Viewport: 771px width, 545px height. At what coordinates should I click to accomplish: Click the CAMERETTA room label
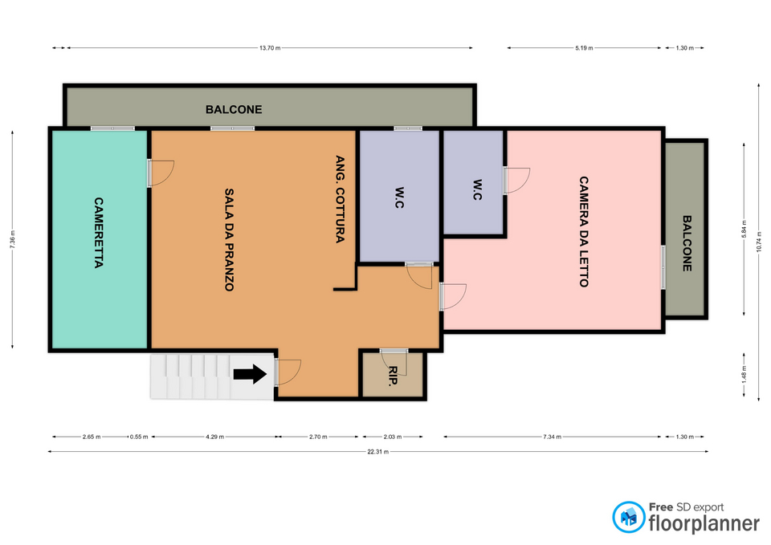(x=99, y=233)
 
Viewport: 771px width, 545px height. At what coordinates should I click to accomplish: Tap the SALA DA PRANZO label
(x=229, y=240)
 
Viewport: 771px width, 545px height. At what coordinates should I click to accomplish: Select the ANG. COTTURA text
(x=340, y=199)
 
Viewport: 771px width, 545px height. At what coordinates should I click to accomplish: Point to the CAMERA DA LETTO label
(x=584, y=231)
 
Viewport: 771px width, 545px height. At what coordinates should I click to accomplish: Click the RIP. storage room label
(x=393, y=376)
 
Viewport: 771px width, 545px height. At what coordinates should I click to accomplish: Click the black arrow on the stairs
(x=250, y=374)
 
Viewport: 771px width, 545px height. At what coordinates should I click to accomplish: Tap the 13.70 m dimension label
(x=270, y=48)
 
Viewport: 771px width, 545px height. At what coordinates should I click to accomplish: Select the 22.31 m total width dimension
(x=377, y=452)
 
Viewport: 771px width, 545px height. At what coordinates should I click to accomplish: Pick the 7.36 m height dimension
(x=13, y=239)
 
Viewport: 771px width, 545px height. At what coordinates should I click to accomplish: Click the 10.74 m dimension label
(x=759, y=242)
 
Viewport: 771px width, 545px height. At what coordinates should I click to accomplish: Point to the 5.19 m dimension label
(x=584, y=48)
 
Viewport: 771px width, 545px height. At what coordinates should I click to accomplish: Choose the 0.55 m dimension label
(x=139, y=437)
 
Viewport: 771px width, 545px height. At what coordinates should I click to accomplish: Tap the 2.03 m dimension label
(x=393, y=437)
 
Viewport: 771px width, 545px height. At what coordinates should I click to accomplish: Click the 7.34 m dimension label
(x=553, y=437)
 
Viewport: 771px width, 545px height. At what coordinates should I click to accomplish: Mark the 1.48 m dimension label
(x=744, y=374)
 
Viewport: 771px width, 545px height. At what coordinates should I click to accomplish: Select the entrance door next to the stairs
(x=288, y=372)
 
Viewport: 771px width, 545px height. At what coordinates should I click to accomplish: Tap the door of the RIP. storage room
(x=394, y=362)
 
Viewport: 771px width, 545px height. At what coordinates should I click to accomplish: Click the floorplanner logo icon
(x=628, y=517)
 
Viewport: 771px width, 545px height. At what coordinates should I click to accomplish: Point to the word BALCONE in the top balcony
(x=234, y=109)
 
